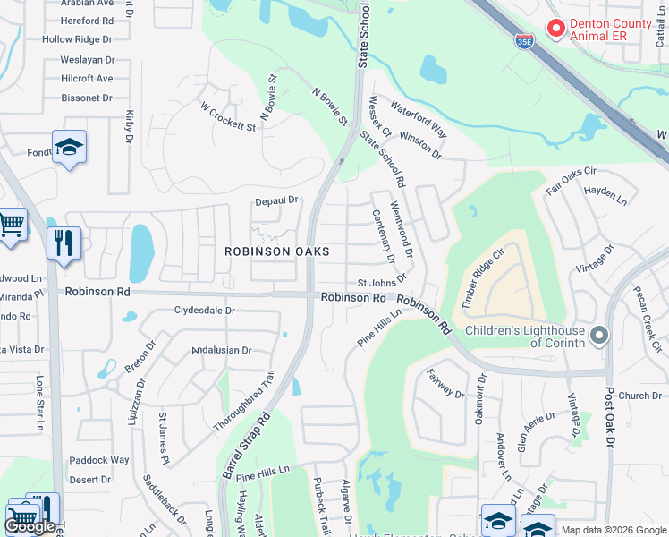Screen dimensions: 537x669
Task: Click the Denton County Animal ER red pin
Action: point(555,29)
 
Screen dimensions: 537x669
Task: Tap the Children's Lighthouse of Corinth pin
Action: point(599,336)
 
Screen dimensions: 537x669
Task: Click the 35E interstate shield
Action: point(525,38)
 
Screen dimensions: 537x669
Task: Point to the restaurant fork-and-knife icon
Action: point(64,242)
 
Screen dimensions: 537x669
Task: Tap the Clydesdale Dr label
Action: point(205,311)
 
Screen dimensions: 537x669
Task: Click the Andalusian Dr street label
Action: point(221,350)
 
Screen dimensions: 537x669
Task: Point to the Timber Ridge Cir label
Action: point(484,277)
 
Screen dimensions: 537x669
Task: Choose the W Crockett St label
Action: point(228,117)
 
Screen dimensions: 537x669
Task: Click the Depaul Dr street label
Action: point(275,201)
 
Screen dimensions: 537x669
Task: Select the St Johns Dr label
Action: point(383,284)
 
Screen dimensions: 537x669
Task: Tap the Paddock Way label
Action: point(99,460)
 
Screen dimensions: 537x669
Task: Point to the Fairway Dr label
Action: point(445,384)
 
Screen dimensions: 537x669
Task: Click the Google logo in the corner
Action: point(30,526)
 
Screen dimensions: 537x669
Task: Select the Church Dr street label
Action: point(639,396)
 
